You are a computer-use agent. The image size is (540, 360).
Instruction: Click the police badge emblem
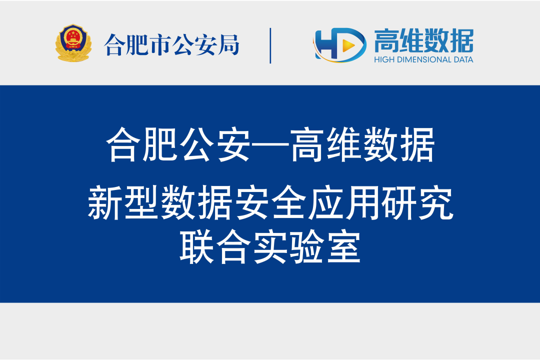click(73, 43)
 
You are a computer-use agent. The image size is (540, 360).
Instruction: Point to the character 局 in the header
click(228, 45)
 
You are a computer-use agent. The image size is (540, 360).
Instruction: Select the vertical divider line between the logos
click(270, 46)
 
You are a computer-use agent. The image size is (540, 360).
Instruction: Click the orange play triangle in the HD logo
click(349, 45)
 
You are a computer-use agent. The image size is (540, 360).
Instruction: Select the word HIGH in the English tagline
click(384, 59)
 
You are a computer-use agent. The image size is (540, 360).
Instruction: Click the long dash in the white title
click(270, 145)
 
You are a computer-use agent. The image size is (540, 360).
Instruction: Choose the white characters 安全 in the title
click(270, 202)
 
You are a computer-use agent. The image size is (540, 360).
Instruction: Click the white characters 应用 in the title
click(343, 202)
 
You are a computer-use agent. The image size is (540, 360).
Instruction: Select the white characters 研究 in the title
click(417, 202)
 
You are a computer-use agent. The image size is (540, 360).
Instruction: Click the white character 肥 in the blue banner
click(160, 145)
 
